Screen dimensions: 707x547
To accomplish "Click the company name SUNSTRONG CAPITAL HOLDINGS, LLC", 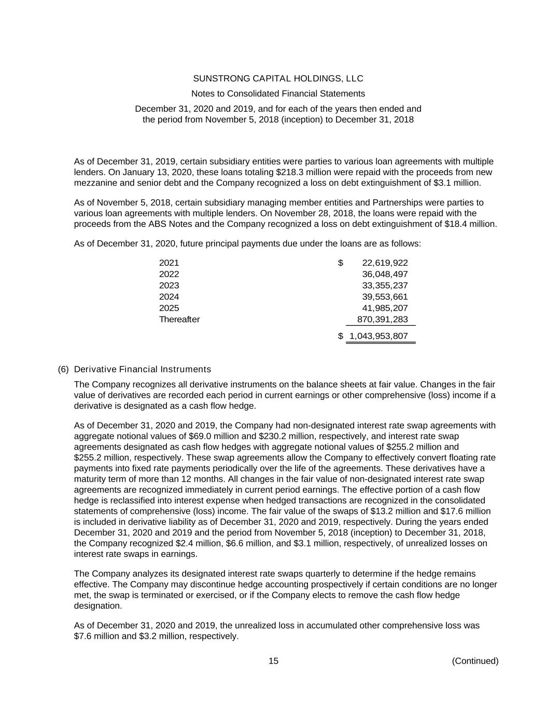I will (x=278, y=79).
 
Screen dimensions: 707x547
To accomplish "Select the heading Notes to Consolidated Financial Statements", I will (x=278, y=94).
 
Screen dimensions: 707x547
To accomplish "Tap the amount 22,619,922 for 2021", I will (x=385, y=263).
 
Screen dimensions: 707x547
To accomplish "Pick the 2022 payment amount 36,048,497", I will (x=385, y=275).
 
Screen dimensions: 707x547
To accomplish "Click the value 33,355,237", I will (x=385, y=286).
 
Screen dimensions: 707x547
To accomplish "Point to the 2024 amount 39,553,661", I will (x=385, y=297).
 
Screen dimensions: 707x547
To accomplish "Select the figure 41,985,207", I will (x=385, y=308).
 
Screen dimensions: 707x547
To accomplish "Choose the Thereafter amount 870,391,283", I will (x=382, y=320).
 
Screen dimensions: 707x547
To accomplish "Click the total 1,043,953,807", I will (x=378, y=336).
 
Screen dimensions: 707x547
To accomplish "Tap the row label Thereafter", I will (x=179, y=320).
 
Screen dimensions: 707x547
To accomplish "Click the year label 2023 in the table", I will (x=169, y=286).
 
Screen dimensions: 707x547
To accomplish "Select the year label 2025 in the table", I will (x=169, y=308).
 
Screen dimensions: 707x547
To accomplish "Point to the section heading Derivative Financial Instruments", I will (x=143, y=369).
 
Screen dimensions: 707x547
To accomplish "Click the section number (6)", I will (x=63, y=369).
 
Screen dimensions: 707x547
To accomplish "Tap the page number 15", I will (x=273, y=661).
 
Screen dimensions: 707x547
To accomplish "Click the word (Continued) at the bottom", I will (x=475, y=661).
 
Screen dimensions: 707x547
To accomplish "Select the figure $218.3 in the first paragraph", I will (x=288, y=172).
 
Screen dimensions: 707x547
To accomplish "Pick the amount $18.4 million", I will (x=470, y=224).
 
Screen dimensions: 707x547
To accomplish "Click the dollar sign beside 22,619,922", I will (x=341, y=263).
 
